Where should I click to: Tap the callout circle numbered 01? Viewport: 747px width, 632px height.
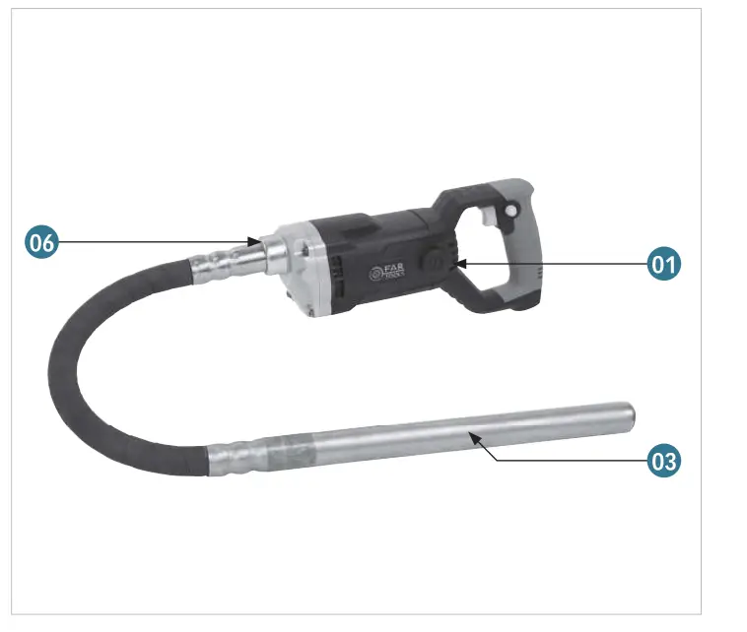click(663, 264)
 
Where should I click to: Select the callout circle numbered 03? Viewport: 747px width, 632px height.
click(663, 460)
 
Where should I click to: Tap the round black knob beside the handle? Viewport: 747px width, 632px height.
click(433, 260)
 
